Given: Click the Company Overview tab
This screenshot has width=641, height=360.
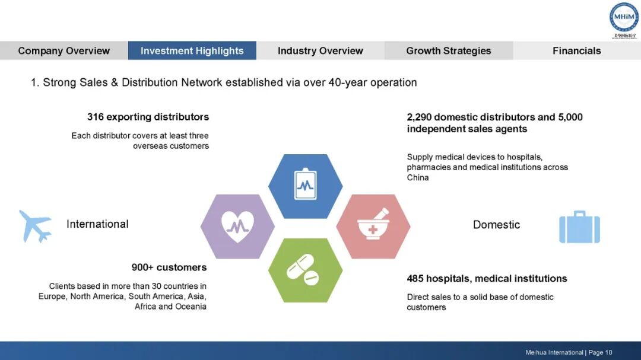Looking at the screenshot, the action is click(64, 50).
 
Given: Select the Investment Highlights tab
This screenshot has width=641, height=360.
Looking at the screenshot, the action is click(192, 50).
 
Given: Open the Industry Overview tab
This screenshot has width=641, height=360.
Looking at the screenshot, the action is click(320, 50).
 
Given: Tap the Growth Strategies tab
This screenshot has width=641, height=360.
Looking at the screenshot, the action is click(448, 50).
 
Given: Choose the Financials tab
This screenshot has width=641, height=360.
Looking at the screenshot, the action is click(576, 50).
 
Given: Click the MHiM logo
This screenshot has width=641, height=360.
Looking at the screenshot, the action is click(624, 18).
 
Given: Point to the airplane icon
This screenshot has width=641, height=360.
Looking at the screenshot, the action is click(35, 225).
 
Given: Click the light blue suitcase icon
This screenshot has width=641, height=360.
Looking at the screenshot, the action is click(579, 227).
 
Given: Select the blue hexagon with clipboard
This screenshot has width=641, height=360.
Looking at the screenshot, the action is click(305, 186).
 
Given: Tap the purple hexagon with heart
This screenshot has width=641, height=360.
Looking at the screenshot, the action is click(237, 225).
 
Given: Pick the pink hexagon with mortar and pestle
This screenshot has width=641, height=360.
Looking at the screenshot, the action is click(373, 226).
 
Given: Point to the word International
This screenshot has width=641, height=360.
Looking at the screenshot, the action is click(97, 224).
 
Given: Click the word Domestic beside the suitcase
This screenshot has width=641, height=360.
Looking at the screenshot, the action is click(496, 225).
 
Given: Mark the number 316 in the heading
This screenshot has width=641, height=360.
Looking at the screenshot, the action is click(96, 117).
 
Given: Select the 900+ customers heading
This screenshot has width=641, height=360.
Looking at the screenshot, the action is click(169, 267).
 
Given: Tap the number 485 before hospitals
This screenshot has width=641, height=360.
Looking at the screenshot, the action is click(415, 278).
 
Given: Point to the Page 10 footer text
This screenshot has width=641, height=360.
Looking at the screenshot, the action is click(600, 352).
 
